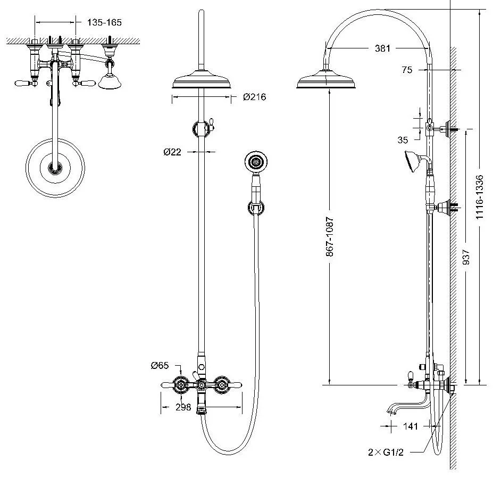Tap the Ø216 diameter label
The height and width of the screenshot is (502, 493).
[254, 97]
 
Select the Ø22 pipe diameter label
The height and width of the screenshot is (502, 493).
[172, 152]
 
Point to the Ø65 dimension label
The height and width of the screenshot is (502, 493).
[160, 365]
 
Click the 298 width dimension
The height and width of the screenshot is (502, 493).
[183, 407]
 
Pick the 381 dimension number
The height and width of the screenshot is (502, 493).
[382, 48]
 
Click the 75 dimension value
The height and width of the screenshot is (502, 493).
[407, 69]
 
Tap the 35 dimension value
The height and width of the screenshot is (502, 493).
[403, 140]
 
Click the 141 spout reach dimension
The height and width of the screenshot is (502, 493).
[410, 426]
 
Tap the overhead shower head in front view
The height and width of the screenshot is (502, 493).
[202, 83]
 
